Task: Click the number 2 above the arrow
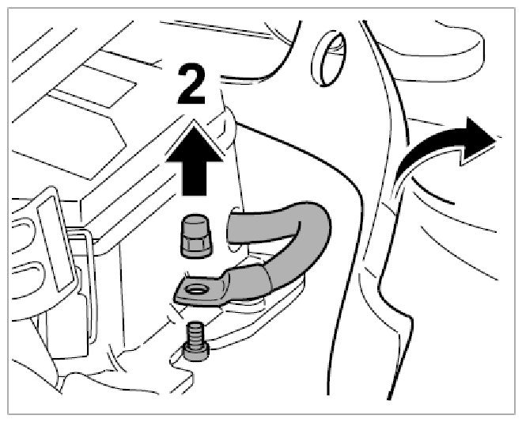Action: coord(191,86)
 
